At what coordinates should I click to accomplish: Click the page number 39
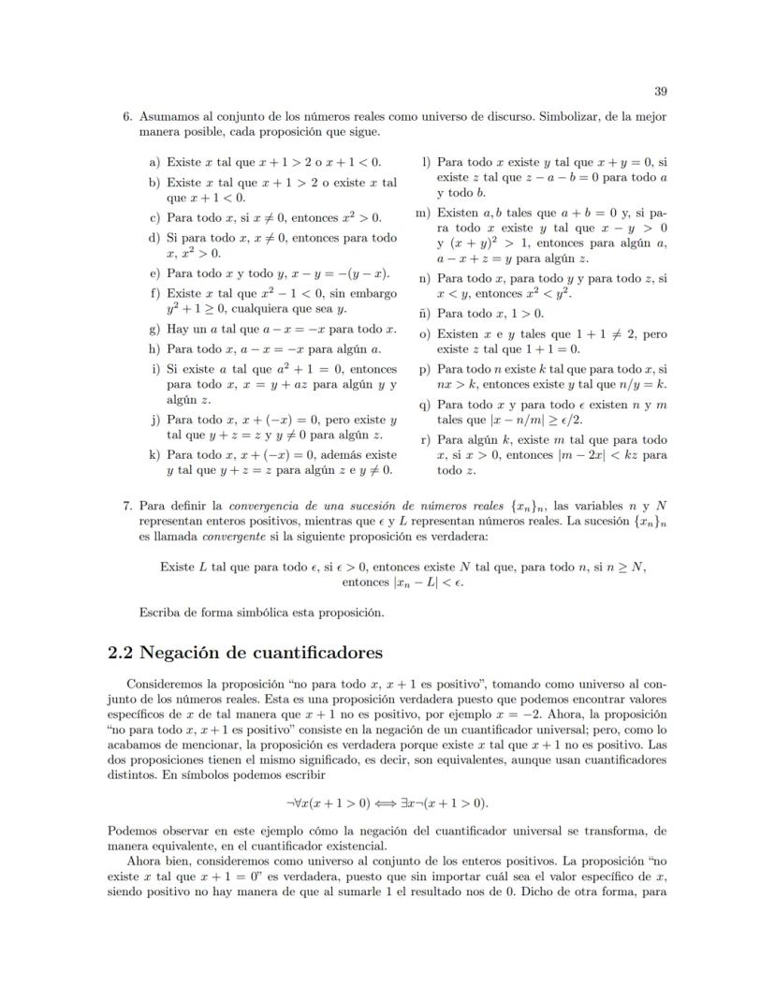click(660, 91)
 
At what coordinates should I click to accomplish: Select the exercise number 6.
click(126, 117)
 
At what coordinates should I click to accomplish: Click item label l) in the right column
click(426, 162)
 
